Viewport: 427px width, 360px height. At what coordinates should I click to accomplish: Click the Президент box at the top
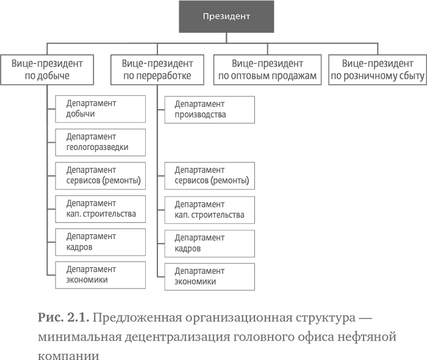[226, 16]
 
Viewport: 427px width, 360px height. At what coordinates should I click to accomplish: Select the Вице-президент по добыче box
[47, 70]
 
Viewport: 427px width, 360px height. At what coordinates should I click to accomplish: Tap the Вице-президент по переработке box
[157, 70]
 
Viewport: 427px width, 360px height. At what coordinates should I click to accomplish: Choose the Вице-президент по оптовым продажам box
[267, 70]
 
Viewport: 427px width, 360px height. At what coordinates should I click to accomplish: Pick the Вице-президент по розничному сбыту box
[377, 70]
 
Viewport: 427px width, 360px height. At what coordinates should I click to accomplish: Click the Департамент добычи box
[100, 109]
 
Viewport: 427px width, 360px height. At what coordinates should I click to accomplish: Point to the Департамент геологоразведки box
[100, 142]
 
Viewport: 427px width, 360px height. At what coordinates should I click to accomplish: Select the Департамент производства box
[209, 109]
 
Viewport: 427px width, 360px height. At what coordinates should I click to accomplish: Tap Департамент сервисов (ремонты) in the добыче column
[100, 175]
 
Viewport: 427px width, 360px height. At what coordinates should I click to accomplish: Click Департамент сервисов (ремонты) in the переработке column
[209, 176]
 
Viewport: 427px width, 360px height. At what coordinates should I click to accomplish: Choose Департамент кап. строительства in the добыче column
[100, 209]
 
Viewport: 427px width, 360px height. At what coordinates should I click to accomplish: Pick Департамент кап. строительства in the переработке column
[209, 209]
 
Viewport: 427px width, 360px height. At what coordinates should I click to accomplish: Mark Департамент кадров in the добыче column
[100, 242]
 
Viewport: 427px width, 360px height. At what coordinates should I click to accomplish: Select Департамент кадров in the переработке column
[209, 243]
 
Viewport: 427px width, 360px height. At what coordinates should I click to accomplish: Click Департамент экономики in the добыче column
[100, 275]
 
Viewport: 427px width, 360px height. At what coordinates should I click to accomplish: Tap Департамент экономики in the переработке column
[209, 276]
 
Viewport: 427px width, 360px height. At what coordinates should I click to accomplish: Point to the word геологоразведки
[98, 148]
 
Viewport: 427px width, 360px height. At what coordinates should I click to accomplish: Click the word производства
[200, 115]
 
